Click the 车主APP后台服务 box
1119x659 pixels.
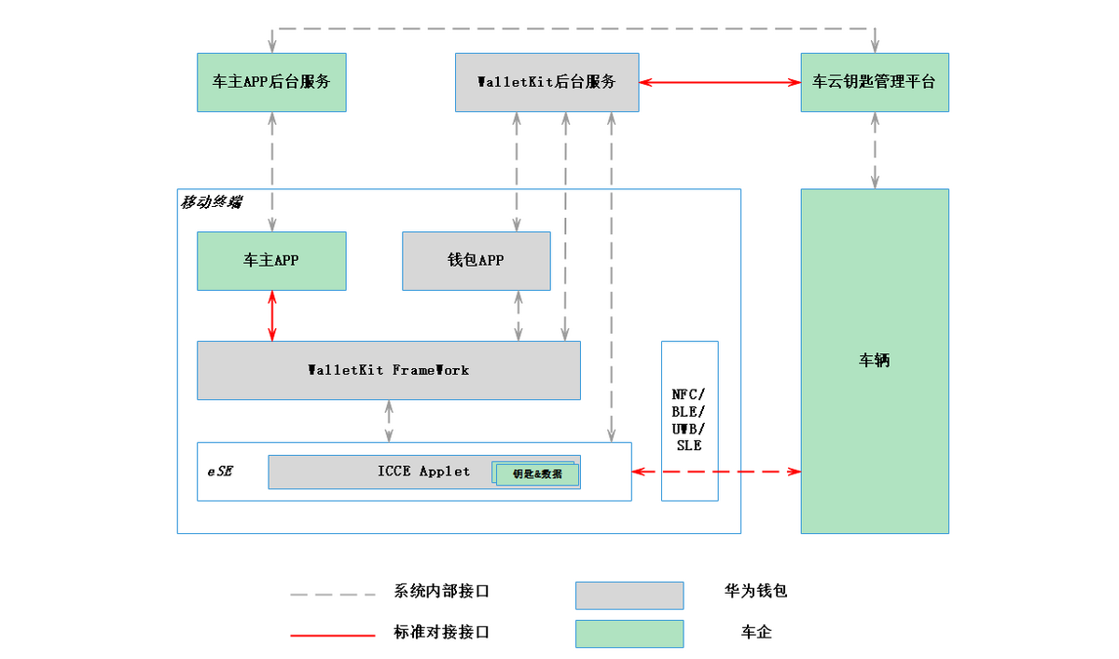point(271,82)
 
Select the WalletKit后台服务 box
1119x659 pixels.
point(546,82)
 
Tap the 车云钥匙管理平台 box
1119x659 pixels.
point(874,82)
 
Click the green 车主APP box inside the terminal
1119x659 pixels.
point(271,260)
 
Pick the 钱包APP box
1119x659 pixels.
point(476,260)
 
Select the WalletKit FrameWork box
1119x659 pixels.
point(388,370)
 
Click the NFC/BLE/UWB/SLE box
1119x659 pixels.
point(689,420)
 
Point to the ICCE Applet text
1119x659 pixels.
point(424,471)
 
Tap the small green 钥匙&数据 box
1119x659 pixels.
point(537,474)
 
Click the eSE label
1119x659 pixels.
point(220,471)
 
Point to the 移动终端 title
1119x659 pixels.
point(210,201)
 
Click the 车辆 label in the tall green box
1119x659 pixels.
point(874,361)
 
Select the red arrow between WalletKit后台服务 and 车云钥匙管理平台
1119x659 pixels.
point(720,82)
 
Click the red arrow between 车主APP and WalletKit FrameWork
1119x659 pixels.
point(272,316)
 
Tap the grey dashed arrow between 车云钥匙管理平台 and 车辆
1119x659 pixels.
point(875,150)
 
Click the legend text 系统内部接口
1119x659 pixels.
point(441,591)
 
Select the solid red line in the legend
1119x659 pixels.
point(332,635)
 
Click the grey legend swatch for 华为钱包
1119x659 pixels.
point(629,595)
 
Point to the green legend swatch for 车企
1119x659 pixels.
point(629,633)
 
